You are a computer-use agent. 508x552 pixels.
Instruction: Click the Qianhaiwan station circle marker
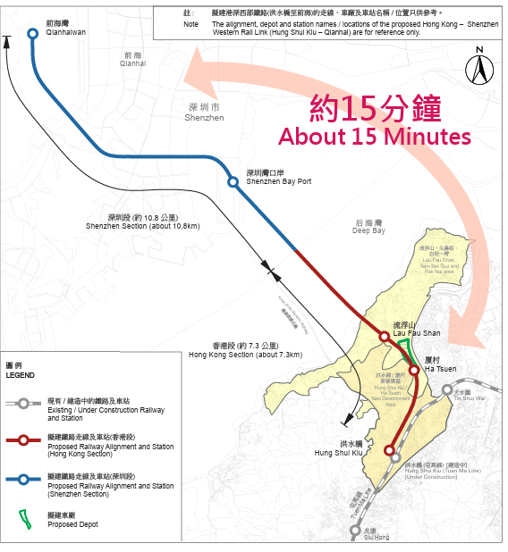(x=33, y=33)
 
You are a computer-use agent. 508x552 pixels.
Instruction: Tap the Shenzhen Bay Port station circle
(x=233, y=182)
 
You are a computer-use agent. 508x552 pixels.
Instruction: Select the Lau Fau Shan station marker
(x=385, y=337)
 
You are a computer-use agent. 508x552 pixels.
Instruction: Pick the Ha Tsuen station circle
(x=414, y=370)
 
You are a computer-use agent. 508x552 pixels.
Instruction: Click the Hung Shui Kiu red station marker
(x=392, y=452)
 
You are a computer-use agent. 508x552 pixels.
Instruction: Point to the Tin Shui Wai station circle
(x=446, y=389)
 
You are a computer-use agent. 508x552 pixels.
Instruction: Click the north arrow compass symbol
(x=479, y=64)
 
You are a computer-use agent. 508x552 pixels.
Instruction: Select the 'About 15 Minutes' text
(x=374, y=137)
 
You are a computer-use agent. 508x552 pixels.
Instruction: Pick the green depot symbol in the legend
(x=24, y=517)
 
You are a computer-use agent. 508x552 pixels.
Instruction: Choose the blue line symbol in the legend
(x=24, y=481)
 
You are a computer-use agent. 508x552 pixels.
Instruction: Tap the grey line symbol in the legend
(x=24, y=404)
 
